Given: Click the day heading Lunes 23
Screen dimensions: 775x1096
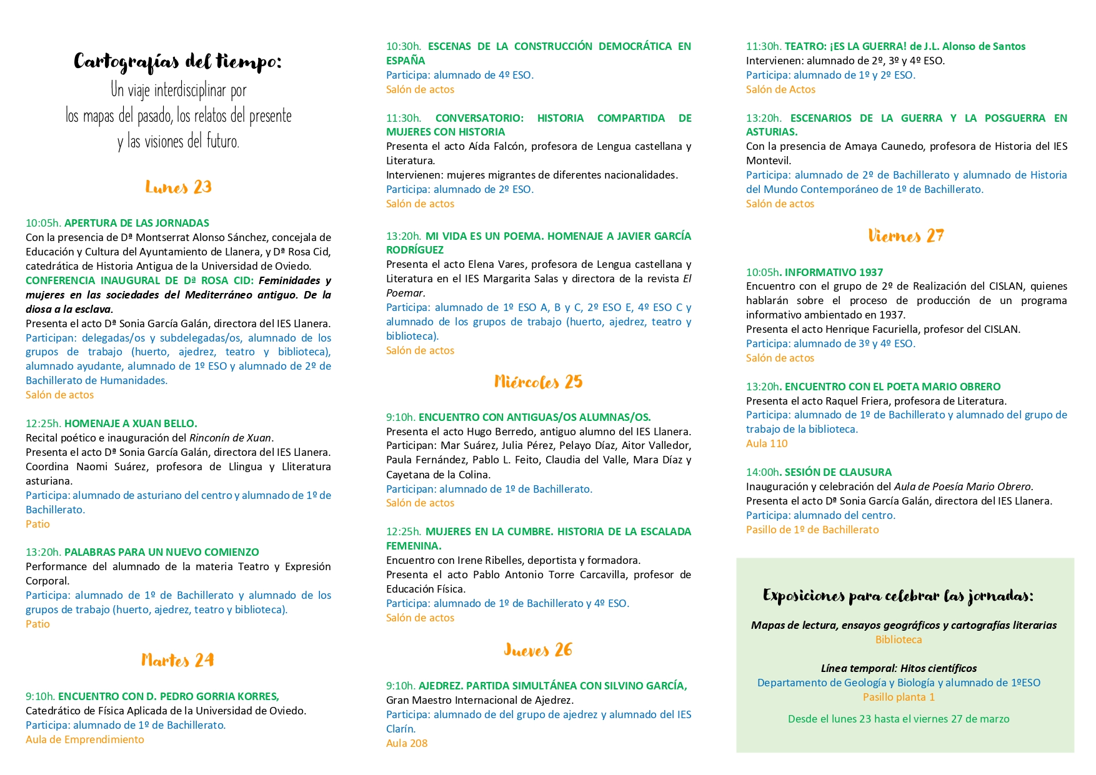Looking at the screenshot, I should (178, 187).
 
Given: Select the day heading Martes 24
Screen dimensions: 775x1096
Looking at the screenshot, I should (177, 661).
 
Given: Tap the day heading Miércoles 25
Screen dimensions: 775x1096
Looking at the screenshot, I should (538, 382).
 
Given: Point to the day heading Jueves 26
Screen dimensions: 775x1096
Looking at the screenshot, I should (538, 650).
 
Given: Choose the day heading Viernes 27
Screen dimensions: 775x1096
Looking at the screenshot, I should (906, 236).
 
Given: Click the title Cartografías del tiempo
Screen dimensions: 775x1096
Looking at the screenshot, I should (178, 62).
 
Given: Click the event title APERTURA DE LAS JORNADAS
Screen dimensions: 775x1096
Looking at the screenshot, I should (136, 223).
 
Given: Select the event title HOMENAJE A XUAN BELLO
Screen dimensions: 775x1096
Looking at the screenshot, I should (131, 423).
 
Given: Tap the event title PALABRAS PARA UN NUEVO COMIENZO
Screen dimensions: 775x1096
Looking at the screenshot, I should (161, 552).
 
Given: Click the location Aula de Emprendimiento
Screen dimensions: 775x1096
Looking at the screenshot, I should (85, 739).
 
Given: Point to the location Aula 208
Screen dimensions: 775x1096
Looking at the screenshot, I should (407, 743).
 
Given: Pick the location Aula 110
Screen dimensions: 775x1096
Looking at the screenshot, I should (767, 443).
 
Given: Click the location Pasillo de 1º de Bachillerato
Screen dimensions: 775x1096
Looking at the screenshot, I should (812, 530).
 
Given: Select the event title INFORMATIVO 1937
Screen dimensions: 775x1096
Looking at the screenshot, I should (834, 272).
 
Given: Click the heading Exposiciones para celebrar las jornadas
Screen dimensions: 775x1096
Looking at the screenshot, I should (898, 596).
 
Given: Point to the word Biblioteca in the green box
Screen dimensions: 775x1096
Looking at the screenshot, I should (899, 639).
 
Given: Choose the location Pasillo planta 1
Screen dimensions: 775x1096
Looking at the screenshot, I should (899, 697).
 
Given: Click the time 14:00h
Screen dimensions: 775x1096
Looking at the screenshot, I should (762, 472).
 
